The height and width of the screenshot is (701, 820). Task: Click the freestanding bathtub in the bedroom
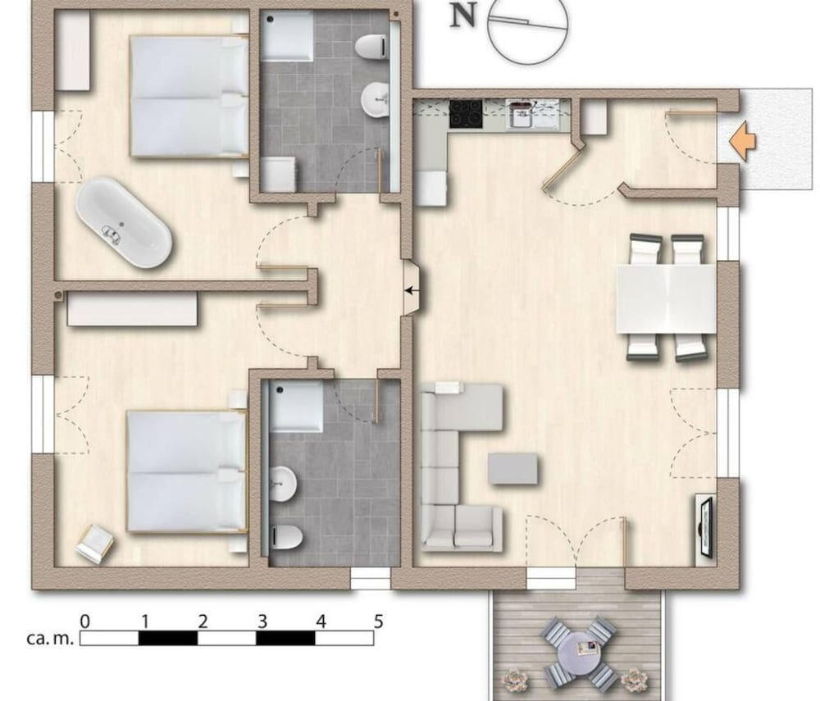coord(124,223)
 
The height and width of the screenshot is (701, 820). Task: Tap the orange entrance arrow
coord(743,140)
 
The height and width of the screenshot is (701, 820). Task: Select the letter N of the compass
coord(462,16)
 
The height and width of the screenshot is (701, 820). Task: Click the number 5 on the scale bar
coord(379,621)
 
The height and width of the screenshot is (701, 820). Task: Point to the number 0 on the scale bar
coord(84,621)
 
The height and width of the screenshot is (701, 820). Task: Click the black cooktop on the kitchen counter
coord(466,113)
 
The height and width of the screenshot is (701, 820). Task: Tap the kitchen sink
coord(521,116)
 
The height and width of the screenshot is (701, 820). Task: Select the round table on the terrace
coord(575,651)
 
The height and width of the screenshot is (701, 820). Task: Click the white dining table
coord(666,298)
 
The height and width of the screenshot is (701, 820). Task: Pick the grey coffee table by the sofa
coord(513,468)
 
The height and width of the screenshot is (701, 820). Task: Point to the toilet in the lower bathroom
coord(286,537)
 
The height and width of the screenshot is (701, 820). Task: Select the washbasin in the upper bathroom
coord(375,99)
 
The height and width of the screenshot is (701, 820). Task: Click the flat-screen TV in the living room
coord(707,527)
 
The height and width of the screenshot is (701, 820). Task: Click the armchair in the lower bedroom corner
coord(94,544)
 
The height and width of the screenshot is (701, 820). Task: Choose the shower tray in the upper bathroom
coord(287,35)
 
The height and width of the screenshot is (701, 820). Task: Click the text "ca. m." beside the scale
coord(50,638)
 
